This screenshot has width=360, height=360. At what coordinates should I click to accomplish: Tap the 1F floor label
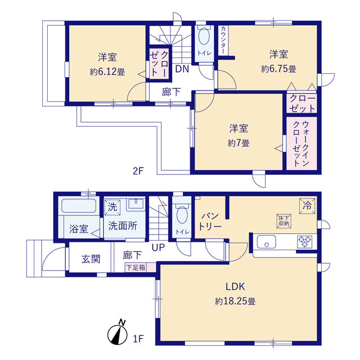pyautogui.click(x=139, y=339)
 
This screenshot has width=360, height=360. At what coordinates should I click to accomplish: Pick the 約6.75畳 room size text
pyautogui.click(x=278, y=69)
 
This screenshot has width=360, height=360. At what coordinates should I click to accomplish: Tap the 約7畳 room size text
pyautogui.click(x=240, y=143)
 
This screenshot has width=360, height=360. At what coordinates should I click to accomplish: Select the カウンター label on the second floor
pyautogui.click(x=223, y=40)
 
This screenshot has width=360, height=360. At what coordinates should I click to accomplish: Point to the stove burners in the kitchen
pyautogui.click(x=305, y=242)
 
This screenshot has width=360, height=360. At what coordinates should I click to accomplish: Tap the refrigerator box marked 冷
pyautogui.click(x=307, y=205)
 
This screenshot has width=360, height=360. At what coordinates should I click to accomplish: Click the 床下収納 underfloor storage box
pyautogui.click(x=283, y=220)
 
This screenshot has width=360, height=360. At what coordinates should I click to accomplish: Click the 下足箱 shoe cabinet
pyautogui.click(x=134, y=267)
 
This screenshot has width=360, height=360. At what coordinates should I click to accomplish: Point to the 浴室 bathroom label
pyautogui.click(x=78, y=229)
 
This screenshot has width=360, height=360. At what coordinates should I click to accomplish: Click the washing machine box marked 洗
pyautogui.click(x=112, y=206)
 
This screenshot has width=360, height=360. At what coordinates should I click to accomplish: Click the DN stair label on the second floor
pyautogui.click(x=181, y=69)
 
